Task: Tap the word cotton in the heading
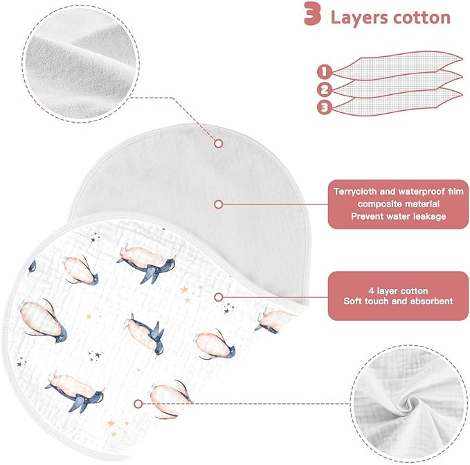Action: pos(424,17)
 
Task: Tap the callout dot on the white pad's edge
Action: pos(218,143)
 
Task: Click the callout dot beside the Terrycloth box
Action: pos(218,204)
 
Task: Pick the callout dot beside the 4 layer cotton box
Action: pos(219,297)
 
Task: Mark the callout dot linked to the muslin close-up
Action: pos(138,403)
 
